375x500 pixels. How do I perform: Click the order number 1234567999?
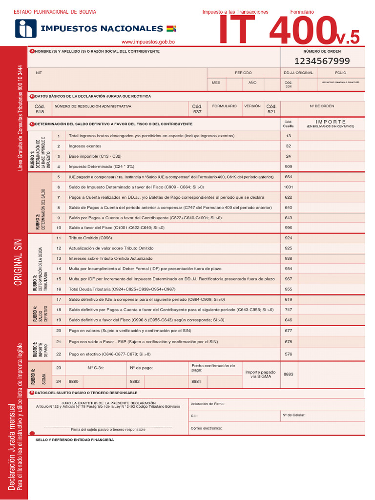coord(322,61)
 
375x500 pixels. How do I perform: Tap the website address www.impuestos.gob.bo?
coord(148,42)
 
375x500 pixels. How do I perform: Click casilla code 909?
coord(288,167)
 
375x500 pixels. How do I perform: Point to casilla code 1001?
coord(288,187)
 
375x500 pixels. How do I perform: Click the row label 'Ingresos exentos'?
coord(85,146)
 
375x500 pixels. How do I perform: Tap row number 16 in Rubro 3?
coord(59,289)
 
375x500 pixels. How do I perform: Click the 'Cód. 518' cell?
coord(40,109)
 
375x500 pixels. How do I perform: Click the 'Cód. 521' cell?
coord(271,109)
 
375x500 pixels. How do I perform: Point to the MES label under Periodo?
coord(216,83)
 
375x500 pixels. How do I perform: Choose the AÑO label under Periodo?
coord(252,83)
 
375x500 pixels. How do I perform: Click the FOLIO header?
coord(340,72)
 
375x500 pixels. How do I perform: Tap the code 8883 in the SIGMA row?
coord(288,374)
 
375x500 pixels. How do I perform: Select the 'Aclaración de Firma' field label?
coord(207,404)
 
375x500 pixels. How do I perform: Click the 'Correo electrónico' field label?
coord(206,428)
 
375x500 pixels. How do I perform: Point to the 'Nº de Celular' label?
coord(293,415)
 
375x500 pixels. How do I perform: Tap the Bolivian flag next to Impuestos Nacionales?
coord(171,28)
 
